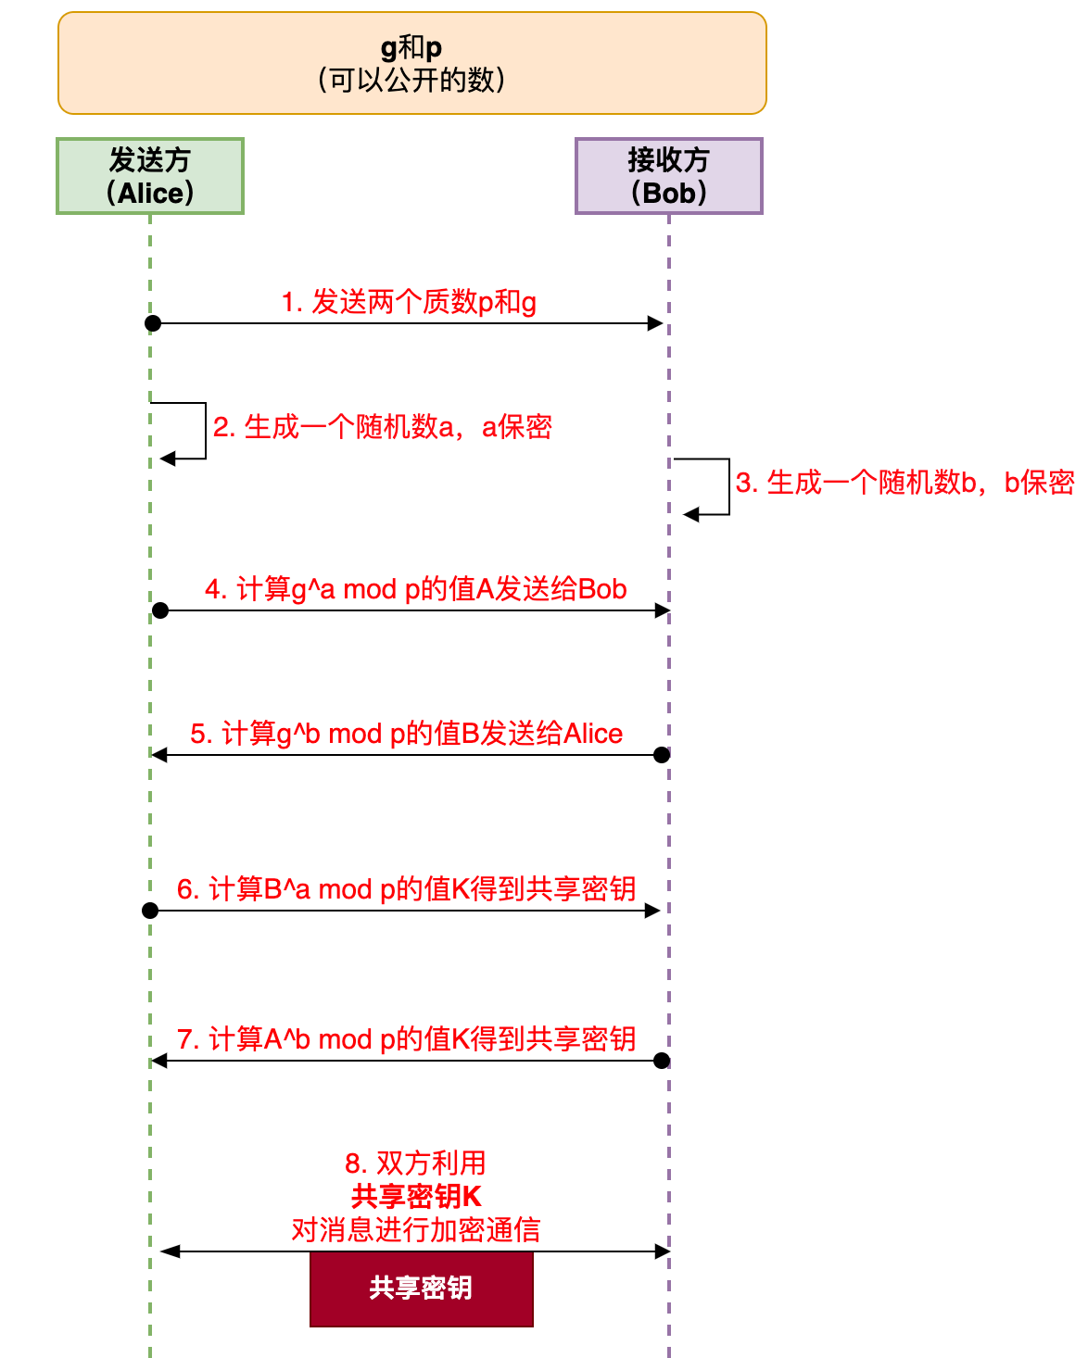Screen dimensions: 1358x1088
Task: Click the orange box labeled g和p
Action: (411, 63)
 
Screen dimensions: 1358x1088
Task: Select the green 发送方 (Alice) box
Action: (150, 176)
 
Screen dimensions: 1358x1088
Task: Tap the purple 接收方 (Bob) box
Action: (668, 176)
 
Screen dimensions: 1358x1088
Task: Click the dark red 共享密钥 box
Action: (421, 1289)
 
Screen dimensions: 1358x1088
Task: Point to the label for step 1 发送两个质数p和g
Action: (409, 302)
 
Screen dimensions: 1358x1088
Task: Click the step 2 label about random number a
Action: (382, 427)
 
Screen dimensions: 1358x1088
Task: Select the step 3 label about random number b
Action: (905, 483)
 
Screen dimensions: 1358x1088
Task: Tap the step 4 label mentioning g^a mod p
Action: (415, 589)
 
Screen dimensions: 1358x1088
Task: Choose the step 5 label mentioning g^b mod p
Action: (406, 734)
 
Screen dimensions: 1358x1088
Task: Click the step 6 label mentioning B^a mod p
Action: (406, 889)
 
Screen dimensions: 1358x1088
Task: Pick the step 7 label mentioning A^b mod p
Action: (406, 1039)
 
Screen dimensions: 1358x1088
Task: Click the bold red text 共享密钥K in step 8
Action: (416, 1196)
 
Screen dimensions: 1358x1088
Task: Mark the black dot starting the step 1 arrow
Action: (153, 323)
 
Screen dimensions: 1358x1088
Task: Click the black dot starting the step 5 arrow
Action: (662, 755)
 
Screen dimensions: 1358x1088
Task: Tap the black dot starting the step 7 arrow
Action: (662, 1061)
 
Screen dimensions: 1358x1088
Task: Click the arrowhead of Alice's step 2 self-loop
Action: (167, 459)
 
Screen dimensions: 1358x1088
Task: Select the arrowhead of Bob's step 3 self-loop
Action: (690, 514)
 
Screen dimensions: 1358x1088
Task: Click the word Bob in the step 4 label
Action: (602, 589)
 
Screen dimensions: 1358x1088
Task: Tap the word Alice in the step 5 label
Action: (593, 734)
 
